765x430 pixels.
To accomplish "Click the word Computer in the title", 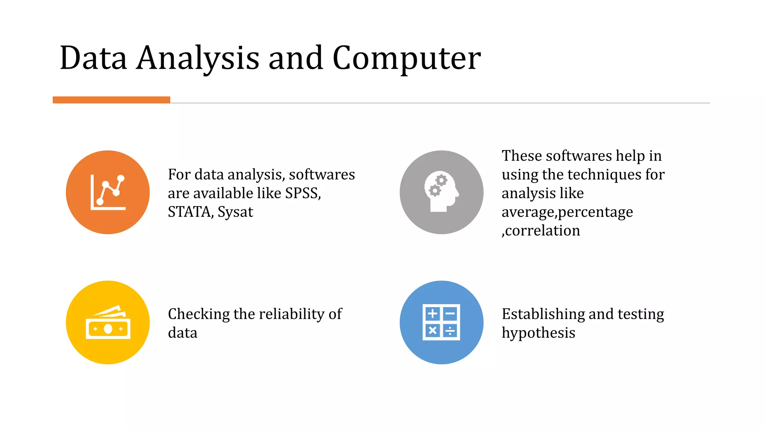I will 406,59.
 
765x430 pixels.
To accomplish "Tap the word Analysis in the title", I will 198,59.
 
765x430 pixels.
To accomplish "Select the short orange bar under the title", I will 111,100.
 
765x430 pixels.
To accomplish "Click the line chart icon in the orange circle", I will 108,192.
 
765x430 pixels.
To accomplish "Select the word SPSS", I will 303,193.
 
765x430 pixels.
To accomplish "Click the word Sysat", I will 235,212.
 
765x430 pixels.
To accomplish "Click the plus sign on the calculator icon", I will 432,314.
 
